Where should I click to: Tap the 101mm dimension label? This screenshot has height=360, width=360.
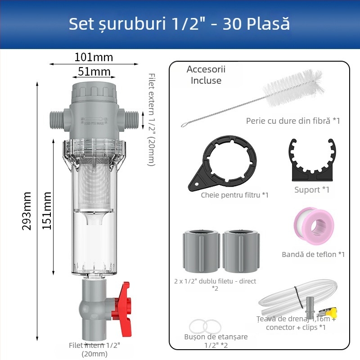tap(94, 57)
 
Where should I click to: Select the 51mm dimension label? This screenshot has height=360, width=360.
tap(94, 72)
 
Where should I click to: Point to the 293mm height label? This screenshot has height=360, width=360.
tap(28, 211)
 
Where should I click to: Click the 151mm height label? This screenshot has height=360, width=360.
tap(47, 211)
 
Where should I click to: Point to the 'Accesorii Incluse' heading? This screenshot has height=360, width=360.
tap(206, 75)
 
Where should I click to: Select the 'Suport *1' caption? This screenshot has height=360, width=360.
tap(312, 189)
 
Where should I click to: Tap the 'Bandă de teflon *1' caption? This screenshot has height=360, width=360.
tap(313, 254)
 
